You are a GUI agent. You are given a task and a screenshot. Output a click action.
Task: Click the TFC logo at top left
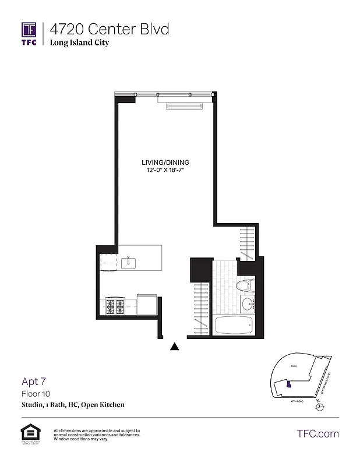pyautogui.click(x=29, y=33)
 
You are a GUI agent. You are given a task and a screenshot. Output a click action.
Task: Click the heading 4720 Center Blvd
pyautogui.click(x=109, y=29)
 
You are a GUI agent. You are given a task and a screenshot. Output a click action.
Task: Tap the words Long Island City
pyautogui.click(x=79, y=43)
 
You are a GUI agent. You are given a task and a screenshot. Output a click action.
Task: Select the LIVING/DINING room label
pyautogui.click(x=165, y=163)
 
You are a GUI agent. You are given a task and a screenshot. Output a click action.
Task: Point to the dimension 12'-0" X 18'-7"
pyautogui.click(x=165, y=170)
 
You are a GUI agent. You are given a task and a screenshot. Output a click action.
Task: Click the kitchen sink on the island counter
pyautogui.click(x=128, y=263)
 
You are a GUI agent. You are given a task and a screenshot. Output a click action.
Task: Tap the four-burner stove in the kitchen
pyautogui.click(x=115, y=306)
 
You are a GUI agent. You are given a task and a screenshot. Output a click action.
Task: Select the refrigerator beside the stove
pyautogui.click(x=146, y=305)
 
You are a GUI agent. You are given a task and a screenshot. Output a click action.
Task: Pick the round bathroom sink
pyautogui.click(x=247, y=303)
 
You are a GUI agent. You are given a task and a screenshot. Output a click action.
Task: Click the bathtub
pyautogui.click(x=234, y=326)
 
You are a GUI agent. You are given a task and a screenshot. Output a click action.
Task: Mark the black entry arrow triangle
pyautogui.click(x=174, y=347)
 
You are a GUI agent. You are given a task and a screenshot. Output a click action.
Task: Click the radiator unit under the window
pyautogui.click(x=183, y=105)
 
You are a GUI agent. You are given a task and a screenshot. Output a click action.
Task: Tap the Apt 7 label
pyautogui.click(x=34, y=382)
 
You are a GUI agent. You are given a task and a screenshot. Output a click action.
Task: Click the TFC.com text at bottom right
pyautogui.click(x=317, y=433)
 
